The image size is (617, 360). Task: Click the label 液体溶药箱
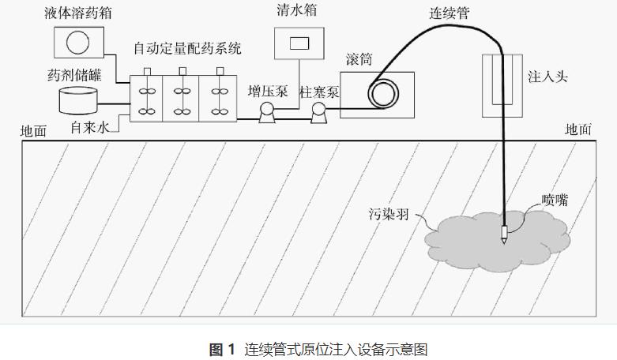click(77, 13)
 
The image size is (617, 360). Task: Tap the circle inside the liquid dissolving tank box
click(77, 41)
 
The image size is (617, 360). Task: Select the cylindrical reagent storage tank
click(81, 99)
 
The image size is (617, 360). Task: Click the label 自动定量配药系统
click(187, 50)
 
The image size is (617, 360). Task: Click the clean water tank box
click(299, 43)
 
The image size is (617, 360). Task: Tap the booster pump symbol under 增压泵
click(266, 113)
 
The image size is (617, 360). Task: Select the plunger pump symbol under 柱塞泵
click(318, 113)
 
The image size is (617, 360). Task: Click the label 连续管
click(446, 13)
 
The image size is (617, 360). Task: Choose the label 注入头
click(547, 77)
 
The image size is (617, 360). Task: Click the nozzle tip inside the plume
click(503, 236)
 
